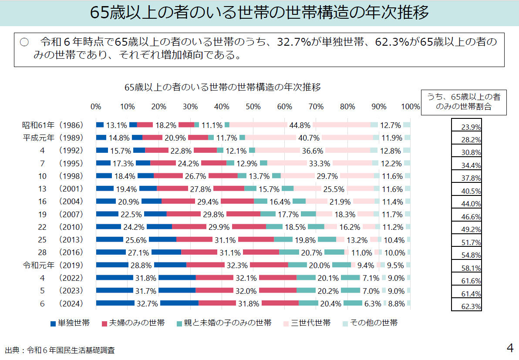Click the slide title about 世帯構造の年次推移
pyautogui.click(x=259, y=13)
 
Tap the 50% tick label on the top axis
pyautogui.click(x=253, y=107)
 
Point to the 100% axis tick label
pyautogui.click(x=410, y=107)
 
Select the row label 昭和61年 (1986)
pyautogui.click(x=53, y=125)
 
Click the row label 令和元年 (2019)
pyautogui.click(x=53, y=265)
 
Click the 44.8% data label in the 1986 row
pyautogui.click(x=300, y=125)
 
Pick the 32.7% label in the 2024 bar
pyautogui.click(x=147, y=304)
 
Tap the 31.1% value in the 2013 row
pyautogui.click(x=225, y=240)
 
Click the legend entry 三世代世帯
pyautogui.click(x=307, y=323)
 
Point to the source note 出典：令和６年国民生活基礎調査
pyautogui.click(x=60, y=350)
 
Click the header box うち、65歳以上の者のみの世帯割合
pyautogui.click(x=463, y=102)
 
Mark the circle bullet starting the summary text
pyautogui.click(x=24, y=43)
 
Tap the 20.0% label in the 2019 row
pyautogui.click(x=319, y=266)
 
